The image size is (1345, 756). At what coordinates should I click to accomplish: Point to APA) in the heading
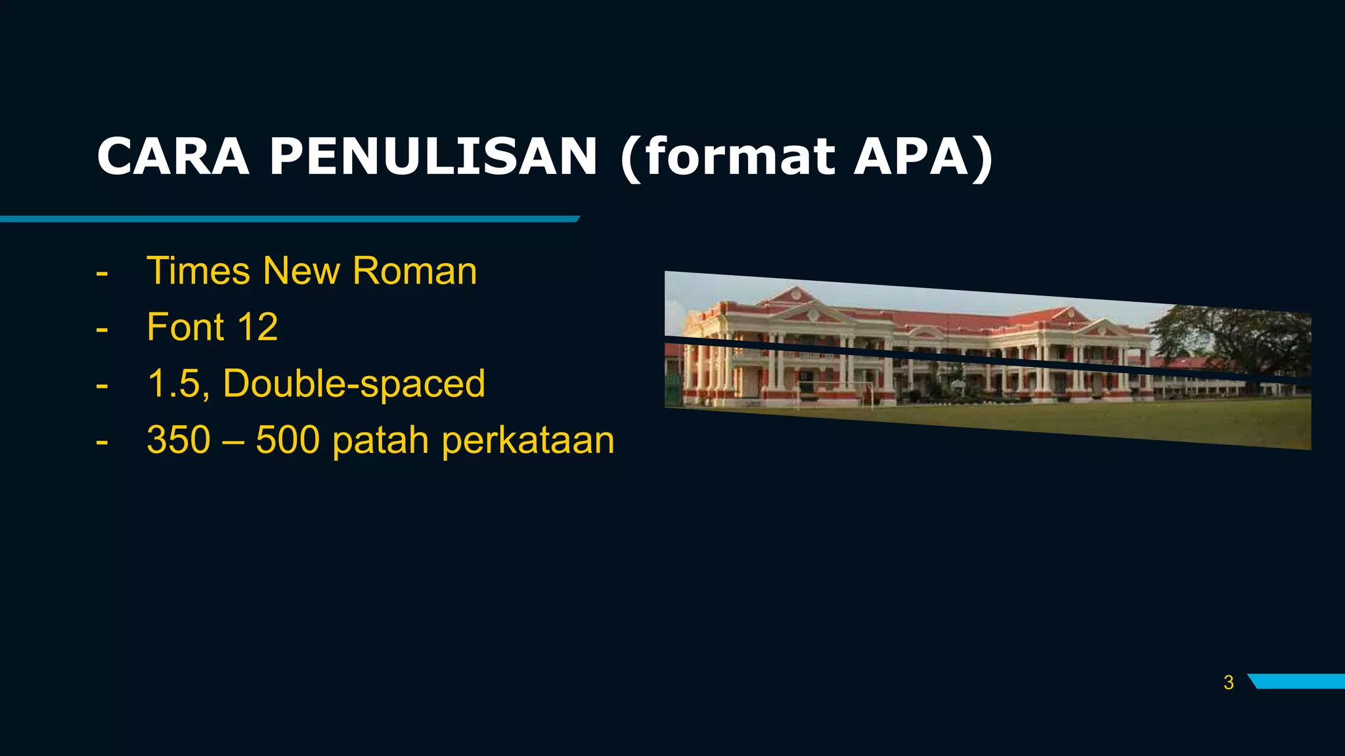tap(923, 157)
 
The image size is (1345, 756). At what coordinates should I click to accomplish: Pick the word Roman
tap(414, 270)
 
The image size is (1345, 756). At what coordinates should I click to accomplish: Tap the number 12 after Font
tap(257, 327)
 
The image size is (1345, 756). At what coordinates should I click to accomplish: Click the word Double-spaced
tap(354, 384)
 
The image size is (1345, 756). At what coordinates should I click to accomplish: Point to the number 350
tap(179, 440)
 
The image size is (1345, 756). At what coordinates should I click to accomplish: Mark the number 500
tap(288, 440)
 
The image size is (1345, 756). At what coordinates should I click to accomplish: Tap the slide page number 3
tap(1229, 682)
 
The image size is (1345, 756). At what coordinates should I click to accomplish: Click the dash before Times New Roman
tap(102, 272)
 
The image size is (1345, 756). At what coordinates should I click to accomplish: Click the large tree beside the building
tap(1235, 341)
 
